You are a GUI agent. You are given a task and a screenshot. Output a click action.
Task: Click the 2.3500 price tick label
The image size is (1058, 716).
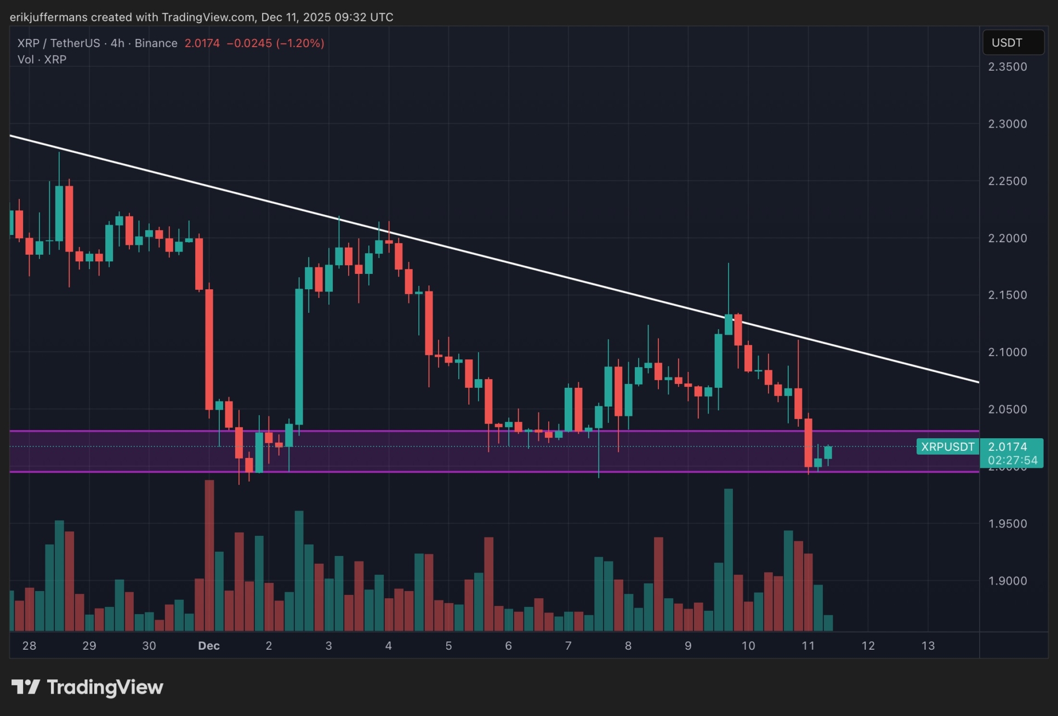1007,67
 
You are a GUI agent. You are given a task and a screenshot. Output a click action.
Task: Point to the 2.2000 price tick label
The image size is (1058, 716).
1007,238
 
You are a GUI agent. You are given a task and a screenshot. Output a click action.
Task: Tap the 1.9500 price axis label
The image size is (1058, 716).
1007,524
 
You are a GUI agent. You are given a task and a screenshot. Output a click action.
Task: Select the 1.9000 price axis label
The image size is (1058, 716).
1007,581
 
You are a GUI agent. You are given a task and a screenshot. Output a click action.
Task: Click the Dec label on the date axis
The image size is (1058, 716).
209,646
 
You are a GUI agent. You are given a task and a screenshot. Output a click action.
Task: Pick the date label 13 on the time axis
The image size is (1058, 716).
928,646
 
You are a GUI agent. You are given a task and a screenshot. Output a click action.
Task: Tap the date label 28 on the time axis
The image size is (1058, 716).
29,646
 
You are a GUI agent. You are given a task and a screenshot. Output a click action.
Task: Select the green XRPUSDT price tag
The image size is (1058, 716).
947,447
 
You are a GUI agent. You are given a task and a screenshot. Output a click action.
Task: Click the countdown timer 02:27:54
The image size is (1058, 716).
1013,461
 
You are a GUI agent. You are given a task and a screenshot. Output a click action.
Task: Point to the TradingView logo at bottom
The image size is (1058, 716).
88,687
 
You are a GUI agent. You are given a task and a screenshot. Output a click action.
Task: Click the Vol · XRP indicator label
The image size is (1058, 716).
42,60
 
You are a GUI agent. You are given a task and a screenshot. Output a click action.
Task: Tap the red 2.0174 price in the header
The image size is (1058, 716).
202,43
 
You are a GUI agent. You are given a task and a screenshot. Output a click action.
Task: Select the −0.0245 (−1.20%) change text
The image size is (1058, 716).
275,43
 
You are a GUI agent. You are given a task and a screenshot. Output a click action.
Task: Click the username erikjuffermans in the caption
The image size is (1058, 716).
48,17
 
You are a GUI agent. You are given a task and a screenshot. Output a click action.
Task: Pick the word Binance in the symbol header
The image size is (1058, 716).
156,43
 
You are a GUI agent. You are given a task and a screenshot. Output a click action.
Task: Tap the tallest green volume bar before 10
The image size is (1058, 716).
728,559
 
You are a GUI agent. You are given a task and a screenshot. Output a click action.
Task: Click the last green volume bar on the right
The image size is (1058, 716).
828,623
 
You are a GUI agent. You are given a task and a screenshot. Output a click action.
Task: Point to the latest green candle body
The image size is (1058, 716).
828,452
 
